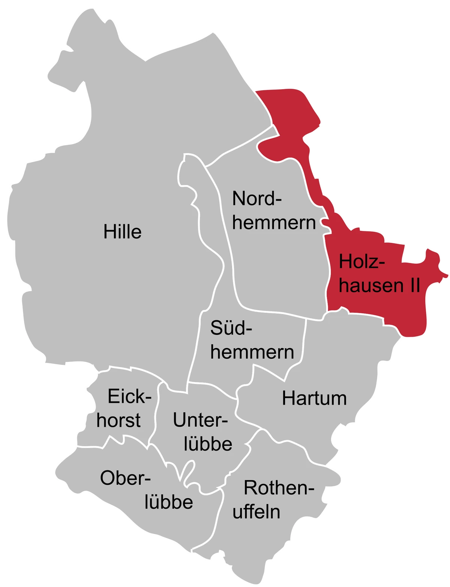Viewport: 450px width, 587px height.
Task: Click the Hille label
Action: tap(123, 232)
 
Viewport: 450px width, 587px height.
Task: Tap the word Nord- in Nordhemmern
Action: tap(257, 199)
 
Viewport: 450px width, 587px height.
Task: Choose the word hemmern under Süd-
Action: tap(252, 352)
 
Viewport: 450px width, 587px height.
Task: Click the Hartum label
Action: tap(314, 398)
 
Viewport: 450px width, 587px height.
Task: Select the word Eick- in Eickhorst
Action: tap(129, 396)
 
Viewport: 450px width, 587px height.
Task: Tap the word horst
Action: tap(118, 420)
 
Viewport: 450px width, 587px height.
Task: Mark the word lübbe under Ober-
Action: tap(169, 502)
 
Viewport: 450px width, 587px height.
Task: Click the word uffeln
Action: tap(256, 512)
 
